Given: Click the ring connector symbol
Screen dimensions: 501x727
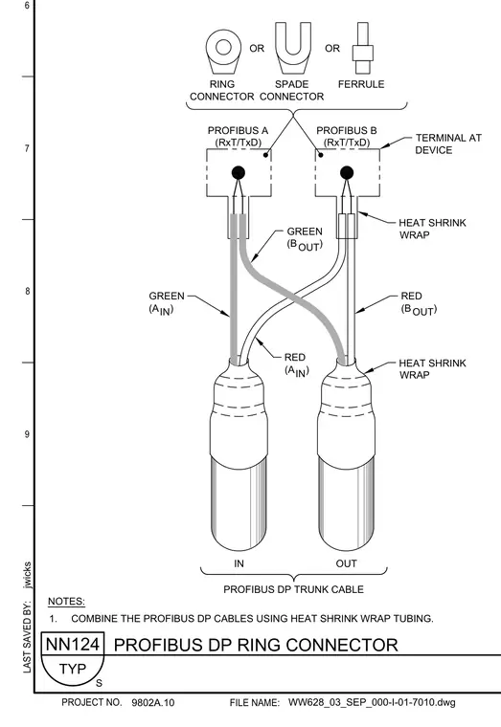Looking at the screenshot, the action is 223,51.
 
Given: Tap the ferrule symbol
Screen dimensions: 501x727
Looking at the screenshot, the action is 363,48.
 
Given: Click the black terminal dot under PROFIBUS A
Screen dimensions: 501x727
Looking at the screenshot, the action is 239,173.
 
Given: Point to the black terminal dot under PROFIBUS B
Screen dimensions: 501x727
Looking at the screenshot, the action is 347,173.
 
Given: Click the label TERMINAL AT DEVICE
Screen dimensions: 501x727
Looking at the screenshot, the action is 448,143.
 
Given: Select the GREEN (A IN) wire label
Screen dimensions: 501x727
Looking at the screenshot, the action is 167,303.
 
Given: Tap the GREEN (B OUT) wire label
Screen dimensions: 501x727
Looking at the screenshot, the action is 305,238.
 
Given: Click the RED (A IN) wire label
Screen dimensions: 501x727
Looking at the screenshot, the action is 296,364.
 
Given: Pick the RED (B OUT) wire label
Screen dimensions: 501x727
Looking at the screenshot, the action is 419,303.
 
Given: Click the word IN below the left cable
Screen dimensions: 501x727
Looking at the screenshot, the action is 239,563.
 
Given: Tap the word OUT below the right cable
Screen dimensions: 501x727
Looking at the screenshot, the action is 347,563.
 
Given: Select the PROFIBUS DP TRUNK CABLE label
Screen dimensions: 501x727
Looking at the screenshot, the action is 293,589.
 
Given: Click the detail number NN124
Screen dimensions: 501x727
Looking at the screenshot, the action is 73,644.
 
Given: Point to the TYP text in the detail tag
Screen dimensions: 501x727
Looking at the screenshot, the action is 73,669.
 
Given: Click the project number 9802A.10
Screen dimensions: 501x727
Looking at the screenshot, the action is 153,702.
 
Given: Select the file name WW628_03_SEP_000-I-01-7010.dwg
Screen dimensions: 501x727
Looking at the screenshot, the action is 372,702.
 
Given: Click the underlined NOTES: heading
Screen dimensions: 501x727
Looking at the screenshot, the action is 66,602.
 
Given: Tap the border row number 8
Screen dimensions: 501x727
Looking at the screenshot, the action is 27,291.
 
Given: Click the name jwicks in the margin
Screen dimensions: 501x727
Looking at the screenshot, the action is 28,575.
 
